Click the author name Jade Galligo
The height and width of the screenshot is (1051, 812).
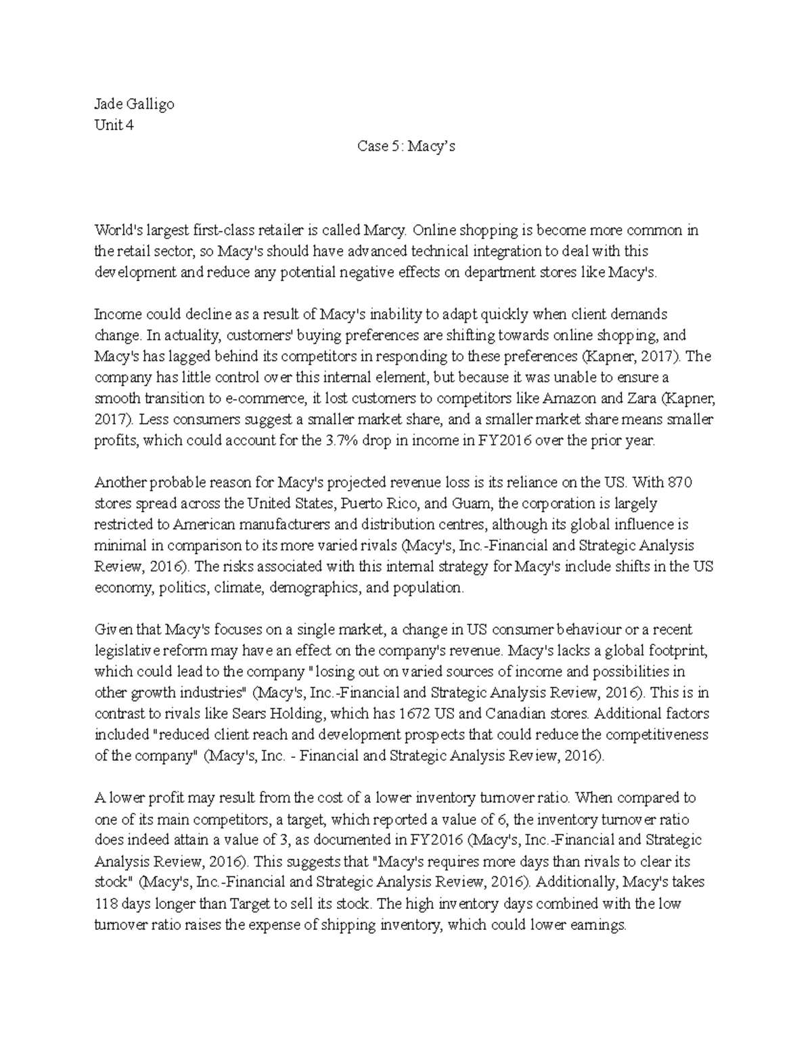coord(134,104)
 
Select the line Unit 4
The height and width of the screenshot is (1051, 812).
coord(114,125)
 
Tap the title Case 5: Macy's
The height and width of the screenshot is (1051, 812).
coord(406,146)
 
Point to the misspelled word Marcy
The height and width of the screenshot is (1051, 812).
coord(386,230)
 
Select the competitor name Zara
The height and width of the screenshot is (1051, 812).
coord(641,398)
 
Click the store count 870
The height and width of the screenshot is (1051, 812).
coord(679,483)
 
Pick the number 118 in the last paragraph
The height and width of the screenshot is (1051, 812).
coord(106,903)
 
